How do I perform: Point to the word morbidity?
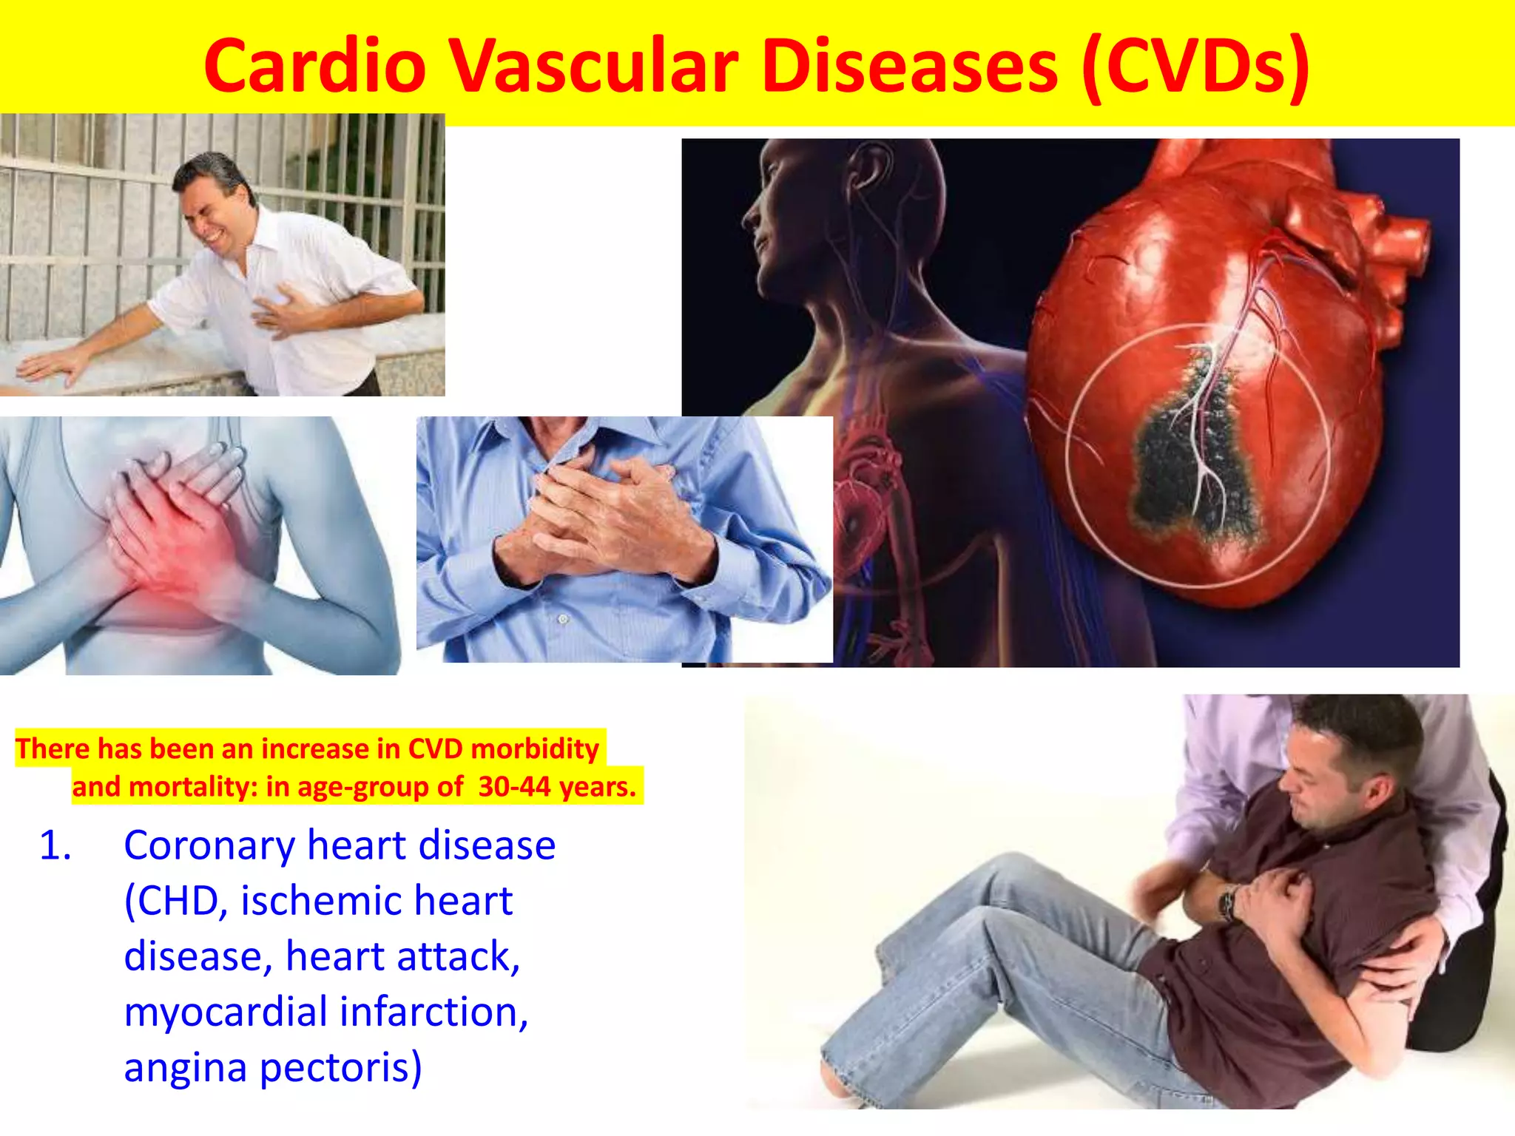(535, 748)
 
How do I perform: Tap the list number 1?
(55, 845)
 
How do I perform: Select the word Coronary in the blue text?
(209, 845)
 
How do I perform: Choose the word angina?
(185, 1067)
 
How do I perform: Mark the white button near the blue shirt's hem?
(562, 618)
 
